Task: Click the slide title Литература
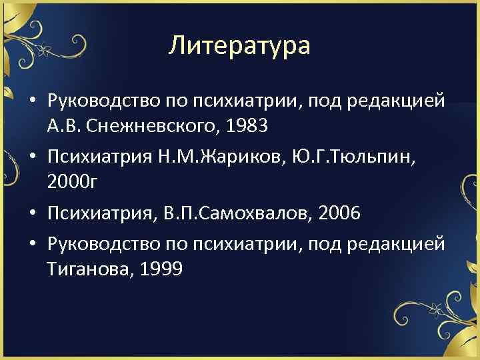pyautogui.click(x=239, y=45)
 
